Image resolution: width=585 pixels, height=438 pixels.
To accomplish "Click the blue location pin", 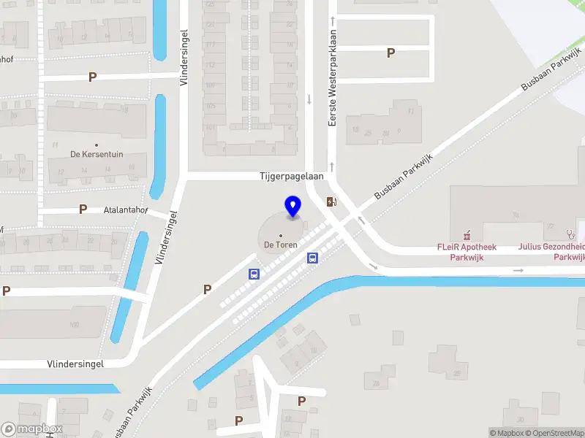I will click(293, 207).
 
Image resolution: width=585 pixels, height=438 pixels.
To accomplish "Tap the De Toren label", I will click(281, 245).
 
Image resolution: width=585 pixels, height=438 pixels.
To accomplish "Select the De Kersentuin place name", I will click(97, 154).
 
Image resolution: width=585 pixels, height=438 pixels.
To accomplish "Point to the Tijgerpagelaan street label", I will click(292, 177).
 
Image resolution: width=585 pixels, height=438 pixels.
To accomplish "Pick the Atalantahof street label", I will click(126, 210).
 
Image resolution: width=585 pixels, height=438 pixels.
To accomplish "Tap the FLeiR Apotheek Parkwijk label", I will click(467, 252).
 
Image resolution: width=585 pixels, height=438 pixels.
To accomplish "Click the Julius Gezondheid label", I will click(552, 252).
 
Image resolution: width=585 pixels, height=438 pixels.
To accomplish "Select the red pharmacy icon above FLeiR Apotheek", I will click(467, 235).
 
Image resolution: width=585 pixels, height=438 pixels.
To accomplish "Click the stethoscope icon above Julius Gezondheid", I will click(570, 234).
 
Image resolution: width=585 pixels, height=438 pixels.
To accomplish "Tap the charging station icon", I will click(331, 201).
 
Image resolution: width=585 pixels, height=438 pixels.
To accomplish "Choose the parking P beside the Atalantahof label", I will click(83, 210).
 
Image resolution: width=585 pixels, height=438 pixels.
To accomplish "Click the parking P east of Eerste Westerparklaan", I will click(390, 53).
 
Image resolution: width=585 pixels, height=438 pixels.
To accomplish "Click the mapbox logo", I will click(32, 429).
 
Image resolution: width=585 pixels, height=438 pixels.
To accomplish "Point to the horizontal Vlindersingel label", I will click(75, 364).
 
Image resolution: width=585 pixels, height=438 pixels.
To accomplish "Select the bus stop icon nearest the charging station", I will click(312, 258).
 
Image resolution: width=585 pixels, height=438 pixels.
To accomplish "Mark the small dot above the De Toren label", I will click(281, 235).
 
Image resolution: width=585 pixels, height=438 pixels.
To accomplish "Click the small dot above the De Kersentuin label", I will click(97, 144).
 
